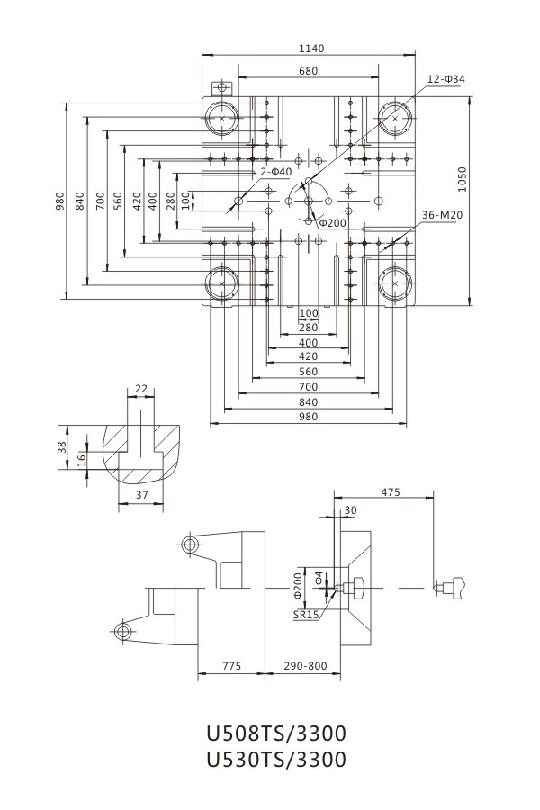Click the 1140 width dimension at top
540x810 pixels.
pyautogui.click(x=311, y=49)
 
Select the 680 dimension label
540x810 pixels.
pyautogui.click(x=308, y=71)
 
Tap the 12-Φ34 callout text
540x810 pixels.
pyautogui.click(x=446, y=79)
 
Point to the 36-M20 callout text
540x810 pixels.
pyautogui.click(x=442, y=215)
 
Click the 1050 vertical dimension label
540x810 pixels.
pyautogui.click(x=462, y=179)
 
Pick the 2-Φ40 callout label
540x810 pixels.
pyautogui.click(x=276, y=172)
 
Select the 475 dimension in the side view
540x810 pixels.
pyautogui.click(x=391, y=492)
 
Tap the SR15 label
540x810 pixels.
pyautogui.click(x=306, y=616)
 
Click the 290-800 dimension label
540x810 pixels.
pyautogui.click(x=305, y=666)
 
